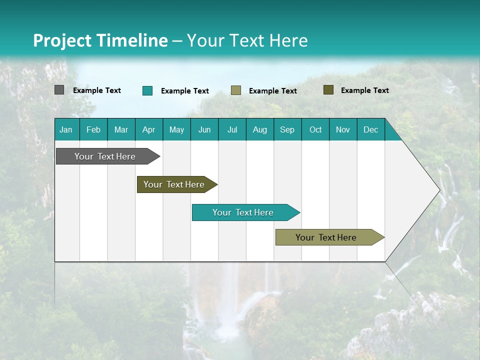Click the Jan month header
coord(66,129)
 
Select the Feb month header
coord(93,129)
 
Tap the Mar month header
coord(121,129)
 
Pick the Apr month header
coord(149,129)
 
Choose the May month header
coord(176,129)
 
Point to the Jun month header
coord(204,129)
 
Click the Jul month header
coord(232,129)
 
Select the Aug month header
coord(260,129)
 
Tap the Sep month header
coord(287,129)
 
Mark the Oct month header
coord(315,129)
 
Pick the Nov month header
coord(343,129)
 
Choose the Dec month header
coord(371,129)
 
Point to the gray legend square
coord(59,90)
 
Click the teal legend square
coord(147,90)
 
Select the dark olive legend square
coord(328,90)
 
